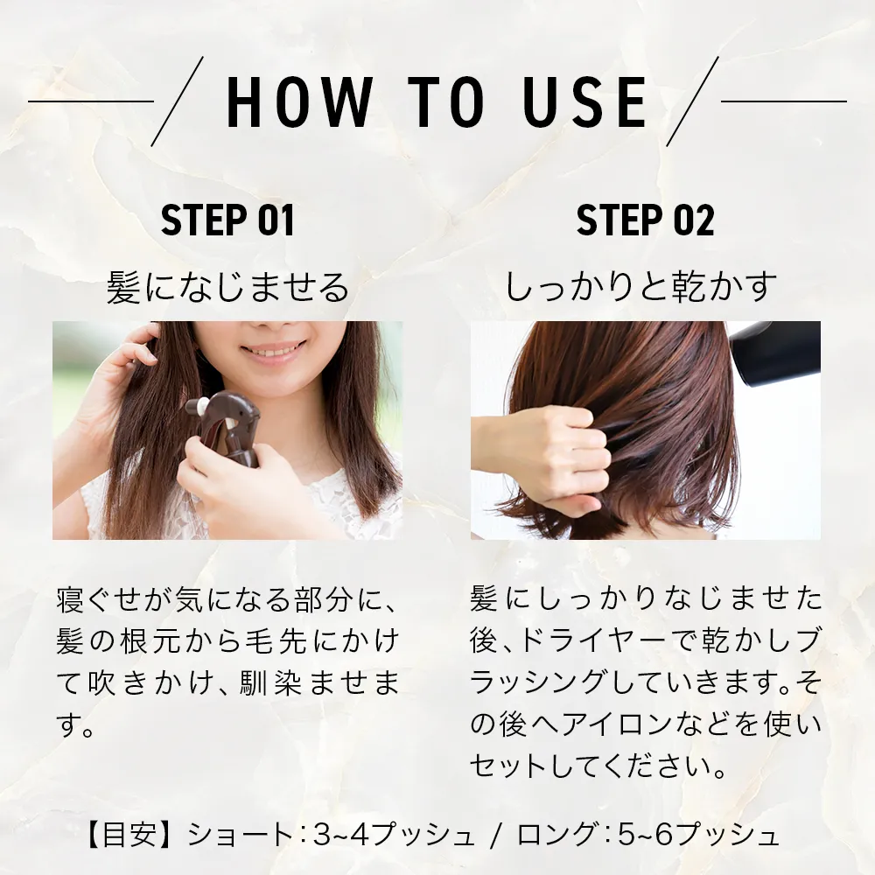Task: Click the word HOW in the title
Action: coord(299,101)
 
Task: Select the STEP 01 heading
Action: coord(227,220)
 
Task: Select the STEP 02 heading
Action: coord(645,220)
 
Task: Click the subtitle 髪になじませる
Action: coord(227,287)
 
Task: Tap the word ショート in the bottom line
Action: coord(240,836)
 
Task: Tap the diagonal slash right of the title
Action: coord(692,101)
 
